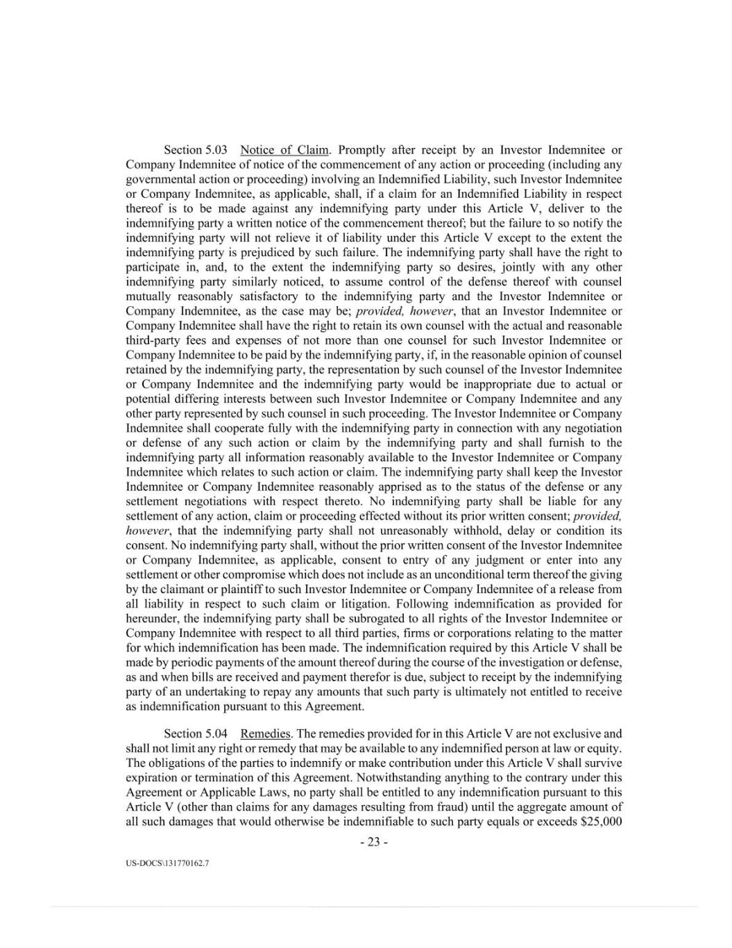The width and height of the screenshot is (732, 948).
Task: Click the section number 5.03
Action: click(215, 150)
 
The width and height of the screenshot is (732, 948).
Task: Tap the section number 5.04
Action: click(215, 733)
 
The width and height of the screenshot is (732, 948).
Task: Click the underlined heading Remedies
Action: click(266, 733)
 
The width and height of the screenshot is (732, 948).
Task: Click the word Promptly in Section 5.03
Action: click(361, 150)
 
